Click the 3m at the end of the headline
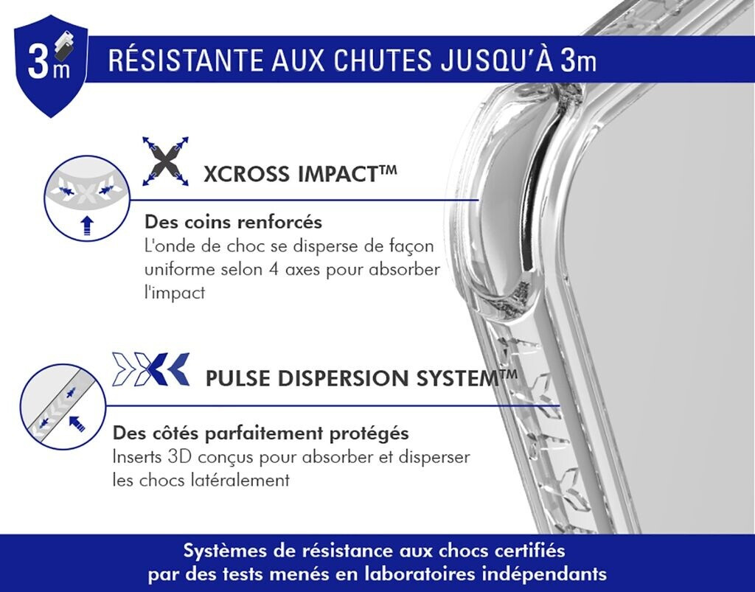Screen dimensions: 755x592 (x=578, y=60)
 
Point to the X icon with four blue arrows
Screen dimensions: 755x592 (x=165, y=161)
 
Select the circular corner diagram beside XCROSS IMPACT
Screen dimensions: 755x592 (x=87, y=198)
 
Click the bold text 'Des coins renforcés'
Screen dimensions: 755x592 (x=234, y=223)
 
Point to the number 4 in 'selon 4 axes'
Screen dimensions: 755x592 (x=274, y=269)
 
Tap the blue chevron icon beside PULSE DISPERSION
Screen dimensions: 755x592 (x=150, y=369)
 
